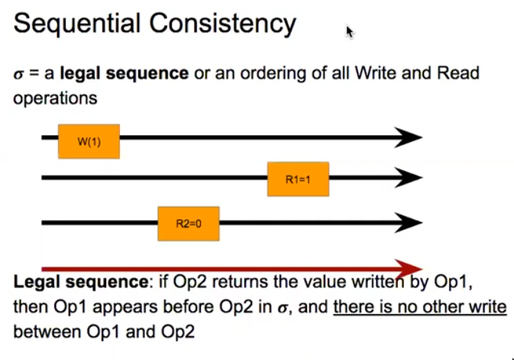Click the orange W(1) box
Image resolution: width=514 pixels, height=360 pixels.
pos(89,140)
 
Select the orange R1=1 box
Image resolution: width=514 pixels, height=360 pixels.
pos(297,180)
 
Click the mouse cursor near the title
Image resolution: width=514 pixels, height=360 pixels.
pos(349,31)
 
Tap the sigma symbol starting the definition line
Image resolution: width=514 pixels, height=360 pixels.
pos(18,75)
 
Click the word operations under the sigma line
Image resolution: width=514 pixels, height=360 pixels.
pos(55,99)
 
